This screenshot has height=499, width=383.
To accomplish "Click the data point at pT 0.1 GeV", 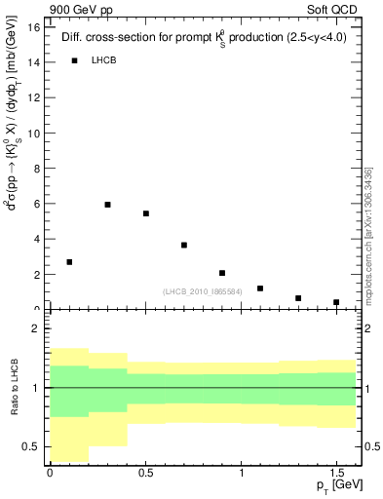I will click(x=69, y=262).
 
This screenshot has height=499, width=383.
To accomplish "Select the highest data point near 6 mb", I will click(x=107, y=205).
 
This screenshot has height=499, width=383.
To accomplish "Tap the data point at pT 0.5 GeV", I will click(x=146, y=213).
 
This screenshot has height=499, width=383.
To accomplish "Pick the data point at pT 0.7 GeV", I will click(x=184, y=245).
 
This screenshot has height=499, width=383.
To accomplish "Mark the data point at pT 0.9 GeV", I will click(x=222, y=273).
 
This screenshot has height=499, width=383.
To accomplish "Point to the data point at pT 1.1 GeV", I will click(x=260, y=288).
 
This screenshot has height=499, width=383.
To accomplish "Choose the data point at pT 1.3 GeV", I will click(x=298, y=298).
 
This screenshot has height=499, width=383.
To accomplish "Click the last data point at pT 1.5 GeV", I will click(x=336, y=302).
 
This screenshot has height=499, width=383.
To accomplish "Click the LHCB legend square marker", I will click(x=74, y=60).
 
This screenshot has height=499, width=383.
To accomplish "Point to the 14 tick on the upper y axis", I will click(x=34, y=62).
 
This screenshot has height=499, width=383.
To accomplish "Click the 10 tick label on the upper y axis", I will click(x=34, y=134).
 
